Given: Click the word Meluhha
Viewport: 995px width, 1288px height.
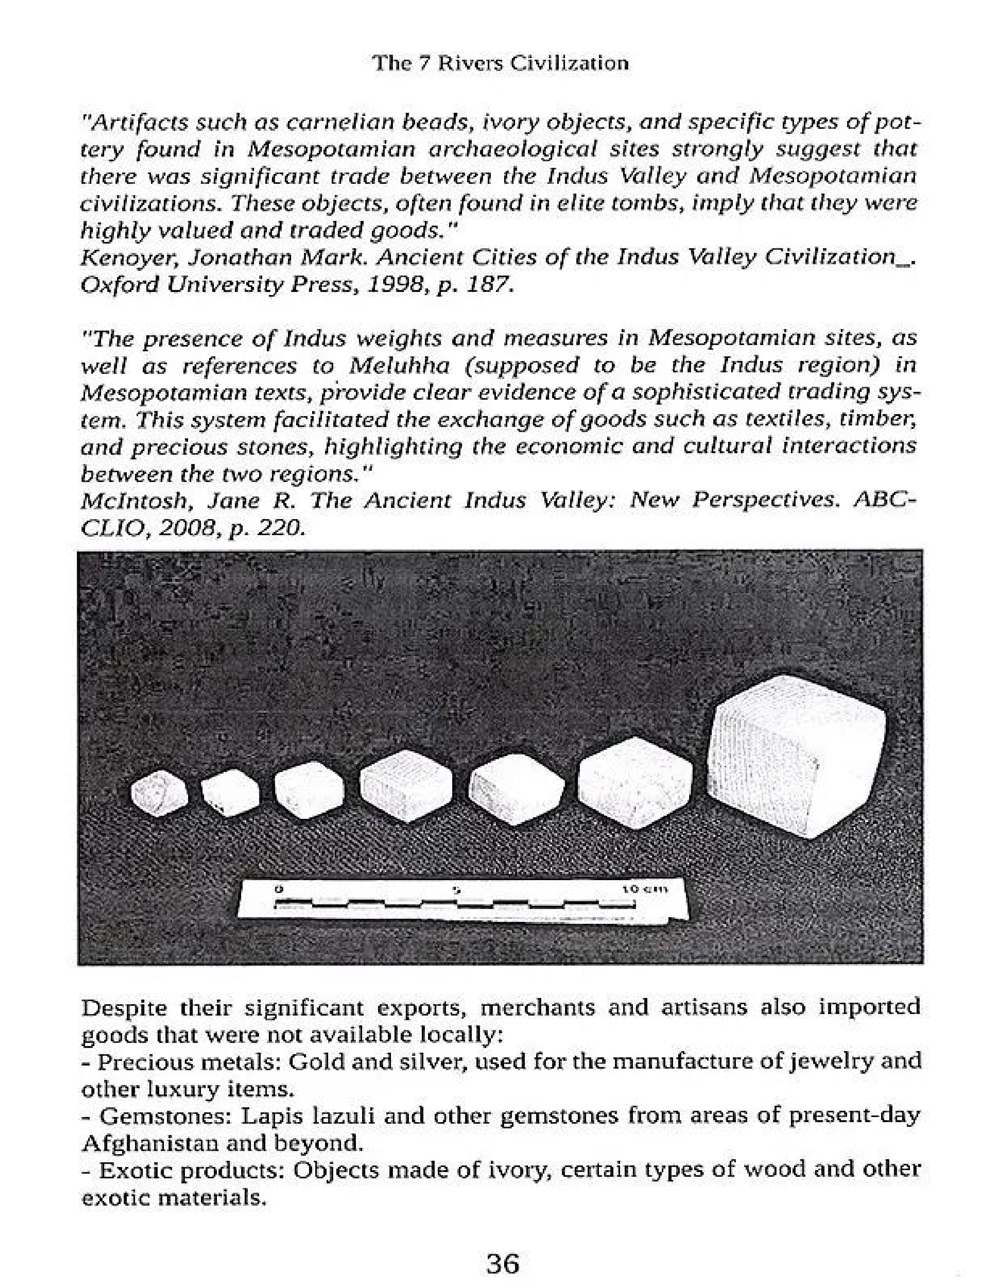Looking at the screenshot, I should tap(399, 366).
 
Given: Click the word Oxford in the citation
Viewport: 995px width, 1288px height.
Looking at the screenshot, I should tap(119, 285).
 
